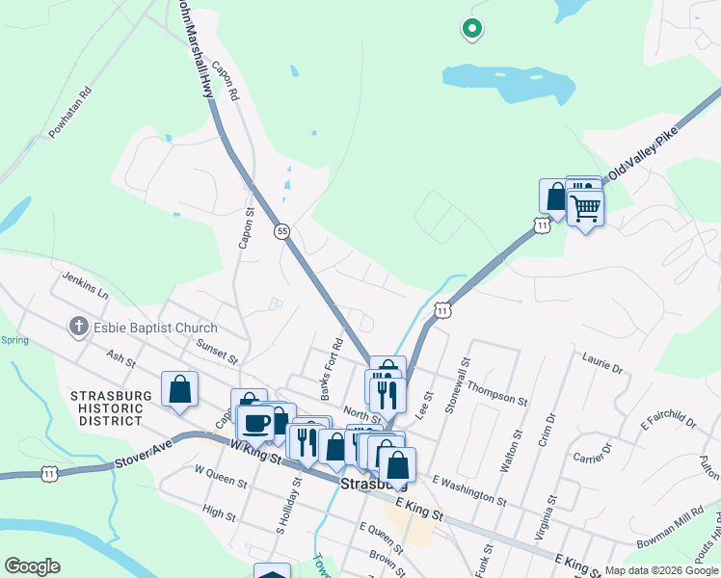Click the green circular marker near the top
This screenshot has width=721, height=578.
[471, 30]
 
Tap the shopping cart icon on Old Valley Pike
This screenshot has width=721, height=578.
[585, 207]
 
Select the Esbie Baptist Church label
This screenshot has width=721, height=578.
[155, 328]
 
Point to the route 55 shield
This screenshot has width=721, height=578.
[281, 231]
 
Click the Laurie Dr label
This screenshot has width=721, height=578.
[602, 363]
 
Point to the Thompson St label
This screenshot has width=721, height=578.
[497, 393]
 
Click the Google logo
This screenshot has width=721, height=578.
[32, 566]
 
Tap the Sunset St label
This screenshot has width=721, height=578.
[217, 350]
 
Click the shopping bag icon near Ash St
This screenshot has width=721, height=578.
[179, 390]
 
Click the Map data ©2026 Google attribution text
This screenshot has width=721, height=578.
[660, 570]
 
